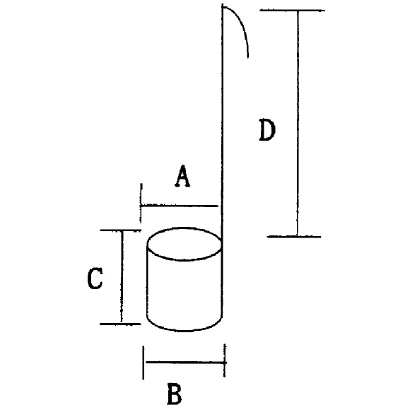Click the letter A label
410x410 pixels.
click(182, 176)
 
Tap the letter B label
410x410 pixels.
click(175, 394)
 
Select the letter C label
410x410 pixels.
click(95, 279)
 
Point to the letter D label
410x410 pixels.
click(267, 130)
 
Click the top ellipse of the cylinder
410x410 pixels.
click(184, 228)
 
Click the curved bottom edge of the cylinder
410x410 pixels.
click(184, 330)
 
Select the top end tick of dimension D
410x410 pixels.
click(293, 11)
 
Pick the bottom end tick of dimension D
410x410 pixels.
click(294, 237)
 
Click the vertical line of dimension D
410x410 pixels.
click(298, 124)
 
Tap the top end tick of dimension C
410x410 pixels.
click(121, 230)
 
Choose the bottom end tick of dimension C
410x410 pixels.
click(120, 324)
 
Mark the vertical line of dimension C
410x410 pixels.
click(122, 277)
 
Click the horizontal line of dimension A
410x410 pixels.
click(180, 206)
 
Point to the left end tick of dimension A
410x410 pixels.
click(141, 203)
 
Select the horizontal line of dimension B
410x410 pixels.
click(186, 363)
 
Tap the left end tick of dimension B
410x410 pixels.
click(143, 363)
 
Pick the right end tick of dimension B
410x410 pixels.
click(225, 361)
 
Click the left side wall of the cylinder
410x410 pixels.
click(148, 282)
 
